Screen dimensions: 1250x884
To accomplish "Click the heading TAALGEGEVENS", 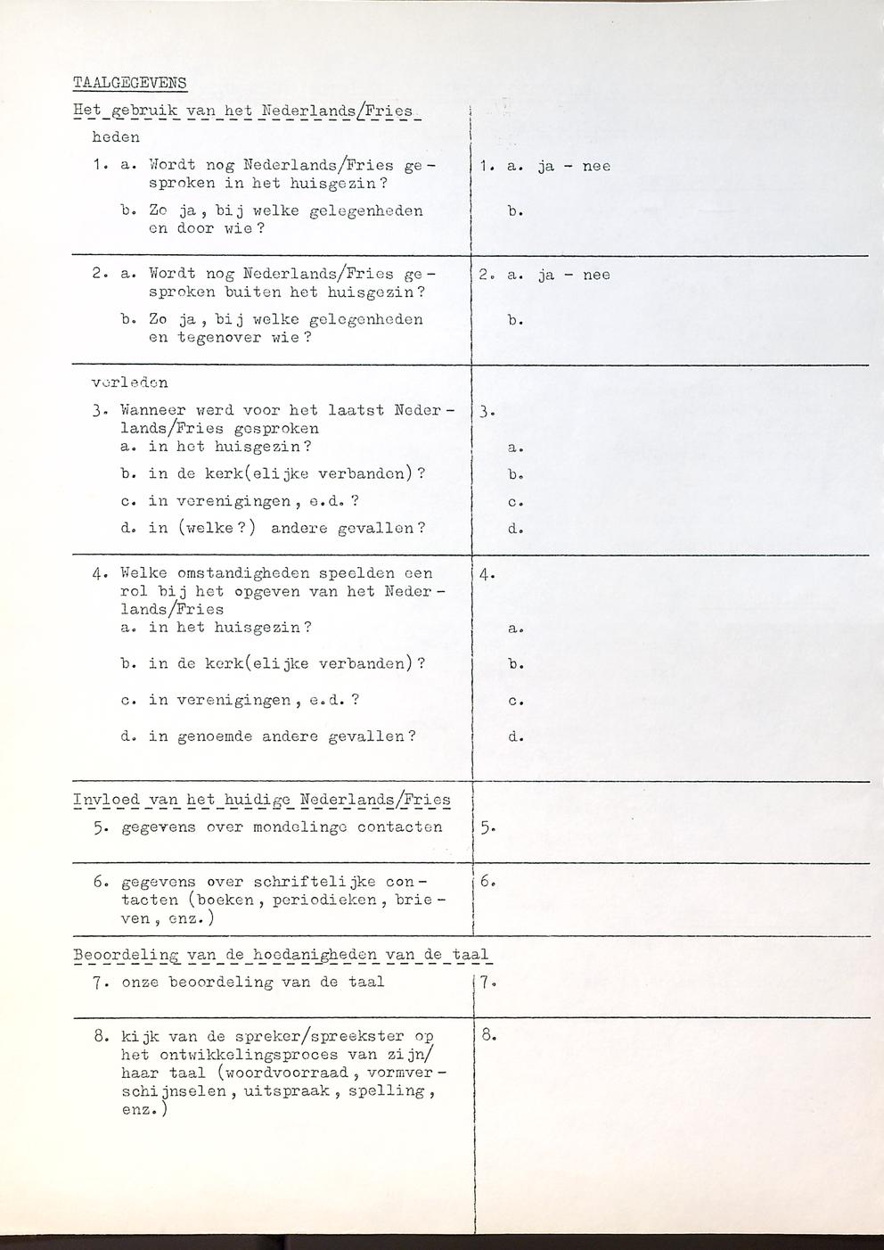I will (x=130, y=84).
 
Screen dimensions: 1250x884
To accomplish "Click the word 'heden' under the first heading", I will (x=116, y=138).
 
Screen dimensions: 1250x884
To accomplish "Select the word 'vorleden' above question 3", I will (x=130, y=382).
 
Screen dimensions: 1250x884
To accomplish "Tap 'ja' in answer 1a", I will (x=546, y=166).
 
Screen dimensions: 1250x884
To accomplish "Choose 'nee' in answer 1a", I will (x=596, y=166).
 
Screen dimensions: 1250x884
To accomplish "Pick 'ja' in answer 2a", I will (x=546, y=275).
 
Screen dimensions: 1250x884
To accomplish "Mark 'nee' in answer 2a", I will (x=596, y=275).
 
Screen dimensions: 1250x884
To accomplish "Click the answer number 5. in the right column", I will (x=487, y=827).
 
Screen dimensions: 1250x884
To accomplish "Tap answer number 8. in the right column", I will (x=487, y=1036).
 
